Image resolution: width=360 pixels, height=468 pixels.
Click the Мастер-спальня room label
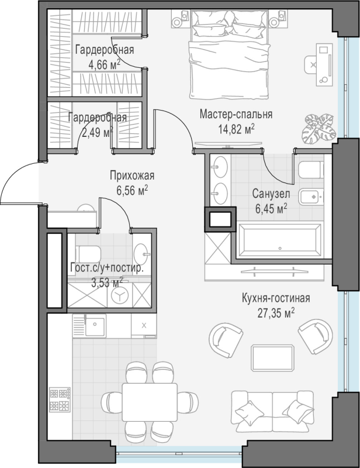(x=236, y=114)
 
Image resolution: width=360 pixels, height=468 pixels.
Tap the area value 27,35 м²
(x=276, y=313)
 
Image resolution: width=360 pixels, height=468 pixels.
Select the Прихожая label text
(x=132, y=176)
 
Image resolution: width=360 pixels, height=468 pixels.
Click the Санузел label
(x=271, y=194)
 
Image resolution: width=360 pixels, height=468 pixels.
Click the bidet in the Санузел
(x=311, y=197)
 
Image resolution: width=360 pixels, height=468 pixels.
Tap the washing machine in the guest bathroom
(x=119, y=295)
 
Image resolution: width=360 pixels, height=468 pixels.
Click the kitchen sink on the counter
(x=95, y=325)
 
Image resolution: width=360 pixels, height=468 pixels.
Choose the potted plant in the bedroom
(x=318, y=128)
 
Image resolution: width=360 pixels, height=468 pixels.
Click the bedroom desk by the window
(x=324, y=65)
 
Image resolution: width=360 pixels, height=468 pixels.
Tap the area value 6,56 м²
(x=132, y=190)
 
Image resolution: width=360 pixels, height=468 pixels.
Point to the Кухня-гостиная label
(x=276, y=298)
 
